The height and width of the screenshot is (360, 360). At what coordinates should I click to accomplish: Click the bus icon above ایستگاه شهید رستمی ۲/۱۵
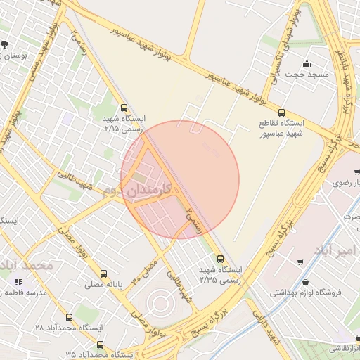(x=124, y=108)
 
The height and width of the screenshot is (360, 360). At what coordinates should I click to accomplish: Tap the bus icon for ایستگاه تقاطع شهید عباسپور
(x=282, y=112)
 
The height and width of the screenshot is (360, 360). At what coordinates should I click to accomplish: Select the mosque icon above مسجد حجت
(x=307, y=63)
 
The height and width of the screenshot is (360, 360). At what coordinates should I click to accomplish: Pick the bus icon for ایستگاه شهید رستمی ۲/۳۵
(x=221, y=259)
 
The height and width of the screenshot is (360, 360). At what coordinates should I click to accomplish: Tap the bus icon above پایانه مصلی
(x=104, y=274)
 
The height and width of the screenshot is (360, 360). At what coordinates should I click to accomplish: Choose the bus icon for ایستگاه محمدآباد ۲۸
(x=69, y=317)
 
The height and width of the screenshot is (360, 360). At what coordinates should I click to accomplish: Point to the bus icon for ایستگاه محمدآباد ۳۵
(x=100, y=345)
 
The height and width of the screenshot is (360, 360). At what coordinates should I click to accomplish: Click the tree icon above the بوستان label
(x=5, y=44)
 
